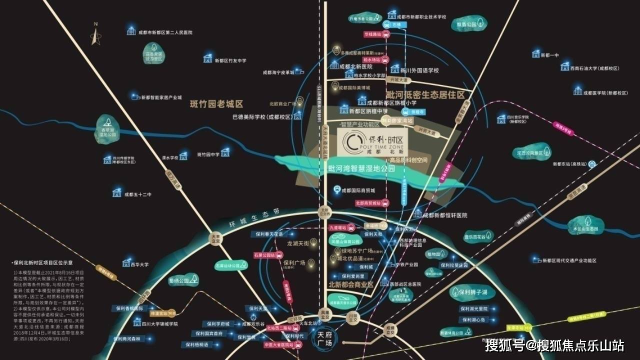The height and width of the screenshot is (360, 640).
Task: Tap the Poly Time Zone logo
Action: pyautogui.click(x=372, y=142)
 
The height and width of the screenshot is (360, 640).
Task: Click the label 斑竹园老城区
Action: pyautogui.click(x=216, y=104)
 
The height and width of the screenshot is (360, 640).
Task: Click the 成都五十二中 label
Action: pyautogui.click(x=137, y=194)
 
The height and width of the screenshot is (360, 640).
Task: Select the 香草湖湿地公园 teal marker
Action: pyautogui.click(x=105, y=127)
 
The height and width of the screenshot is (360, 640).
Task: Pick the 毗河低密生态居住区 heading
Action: pyautogui.click(x=425, y=95)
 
